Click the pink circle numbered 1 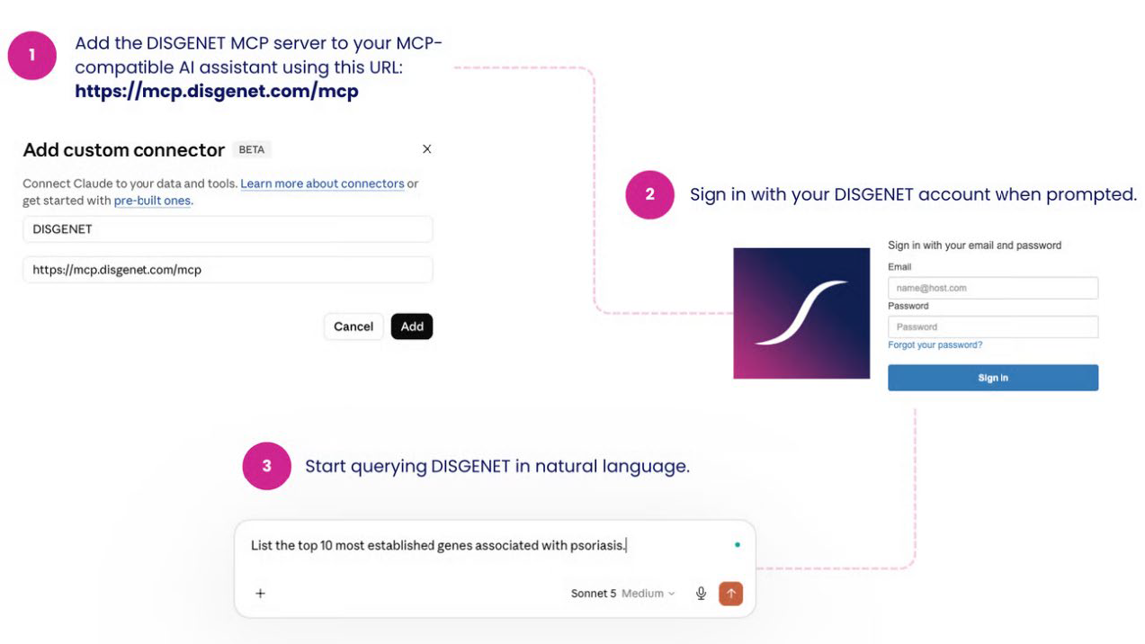[31, 55]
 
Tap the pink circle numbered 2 [649, 195]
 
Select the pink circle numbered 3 [267, 466]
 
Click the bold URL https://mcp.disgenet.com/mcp [217, 92]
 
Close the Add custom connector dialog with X [427, 148]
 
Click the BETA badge [252, 149]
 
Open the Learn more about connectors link [322, 183]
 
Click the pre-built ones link [152, 201]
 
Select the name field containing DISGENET [228, 229]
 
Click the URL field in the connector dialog [228, 270]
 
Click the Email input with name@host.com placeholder [993, 288]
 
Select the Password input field [993, 326]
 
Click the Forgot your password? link [935, 345]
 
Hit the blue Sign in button [993, 378]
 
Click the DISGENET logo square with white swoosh [801, 313]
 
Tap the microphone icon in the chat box [701, 594]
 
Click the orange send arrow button [731, 594]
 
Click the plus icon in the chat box [260, 594]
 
